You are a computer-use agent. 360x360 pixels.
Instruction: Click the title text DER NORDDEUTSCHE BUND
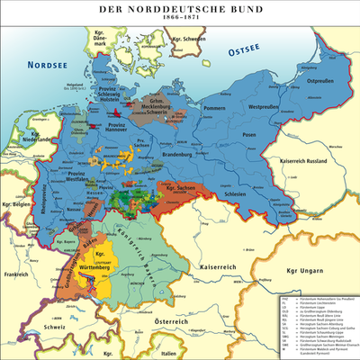tap(180, 8)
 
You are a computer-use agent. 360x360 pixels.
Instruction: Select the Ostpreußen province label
tap(323, 79)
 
